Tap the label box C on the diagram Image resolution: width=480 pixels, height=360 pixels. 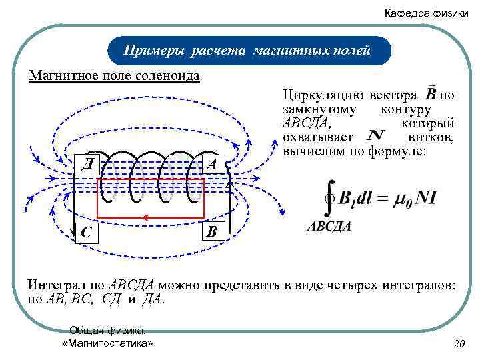pyautogui.click(x=86, y=232)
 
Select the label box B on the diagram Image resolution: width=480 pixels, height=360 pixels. pyautogui.click(x=212, y=232)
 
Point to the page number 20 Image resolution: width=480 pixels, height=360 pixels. pyautogui.click(x=458, y=344)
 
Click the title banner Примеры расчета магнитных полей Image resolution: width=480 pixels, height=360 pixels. pyautogui.click(x=247, y=51)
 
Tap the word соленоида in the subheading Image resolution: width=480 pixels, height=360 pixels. pyautogui.click(x=166, y=75)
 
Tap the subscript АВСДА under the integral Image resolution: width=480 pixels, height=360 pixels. pyautogui.click(x=329, y=227)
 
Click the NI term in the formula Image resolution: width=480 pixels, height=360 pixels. pyautogui.click(x=425, y=198)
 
